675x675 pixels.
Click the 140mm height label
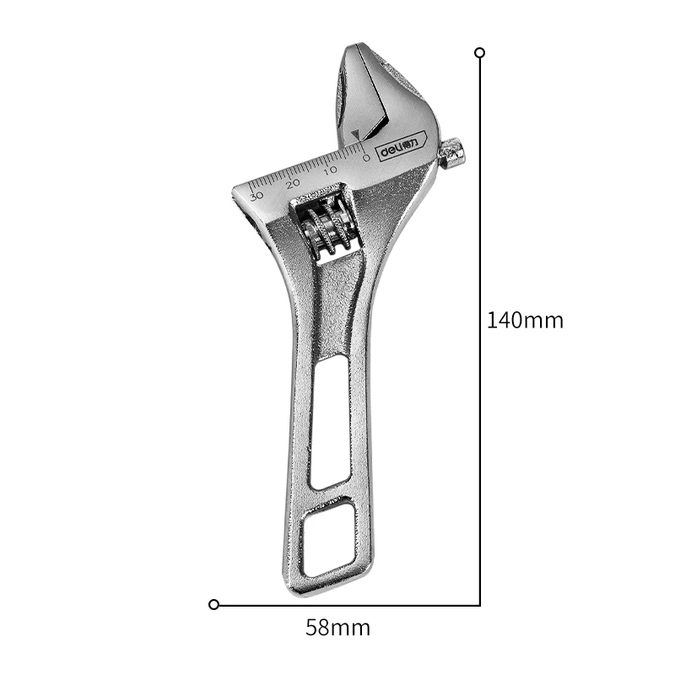click(x=525, y=321)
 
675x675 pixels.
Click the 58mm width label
click(x=337, y=628)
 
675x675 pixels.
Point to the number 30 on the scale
click(x=256, y=195)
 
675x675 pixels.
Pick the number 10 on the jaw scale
click(x=329, y=170)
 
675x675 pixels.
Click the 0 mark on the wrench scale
click(x=365, y=157)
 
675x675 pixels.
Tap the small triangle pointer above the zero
click(x=359, y=135)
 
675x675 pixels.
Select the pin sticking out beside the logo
click(x=453, y=153)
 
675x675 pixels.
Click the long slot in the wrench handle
click(x=329, y=422)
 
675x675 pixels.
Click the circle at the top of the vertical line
click(x=480, y=52)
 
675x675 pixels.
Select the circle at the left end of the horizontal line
click(x=214, y=604)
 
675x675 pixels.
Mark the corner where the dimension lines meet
click(x=480, y=604)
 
